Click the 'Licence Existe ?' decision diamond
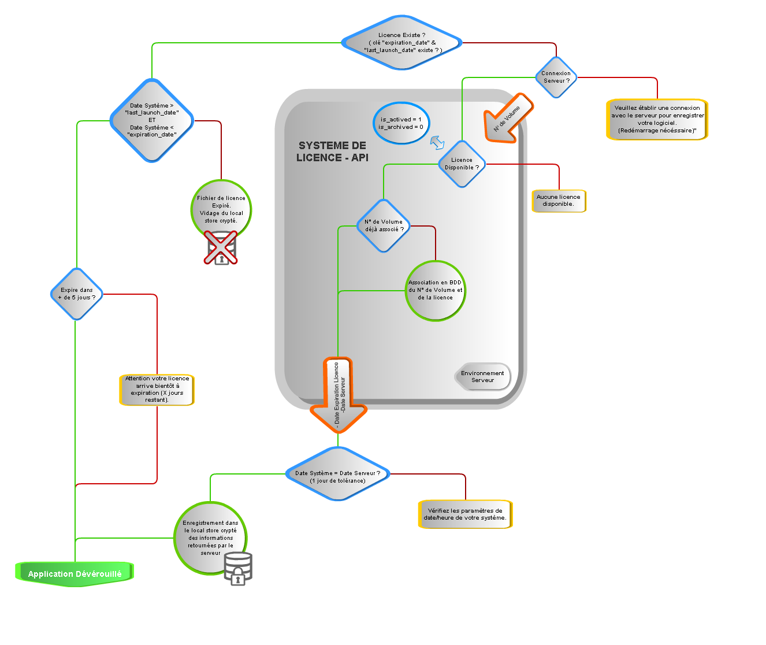401,43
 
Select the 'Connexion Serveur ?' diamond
556,77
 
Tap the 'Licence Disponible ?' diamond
462,164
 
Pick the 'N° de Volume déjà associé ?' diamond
384,225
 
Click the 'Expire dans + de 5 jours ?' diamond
76,294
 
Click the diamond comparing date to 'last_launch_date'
152,120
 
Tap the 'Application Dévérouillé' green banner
75,573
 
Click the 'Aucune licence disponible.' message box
558,201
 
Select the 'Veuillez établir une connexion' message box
657,120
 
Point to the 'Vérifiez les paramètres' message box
465,514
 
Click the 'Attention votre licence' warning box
157,390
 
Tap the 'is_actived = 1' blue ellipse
401,123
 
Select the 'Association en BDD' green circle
435,291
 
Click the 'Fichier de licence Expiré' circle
221,208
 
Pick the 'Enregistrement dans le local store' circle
210,538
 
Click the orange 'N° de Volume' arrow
507,118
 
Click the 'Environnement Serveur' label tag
482,377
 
